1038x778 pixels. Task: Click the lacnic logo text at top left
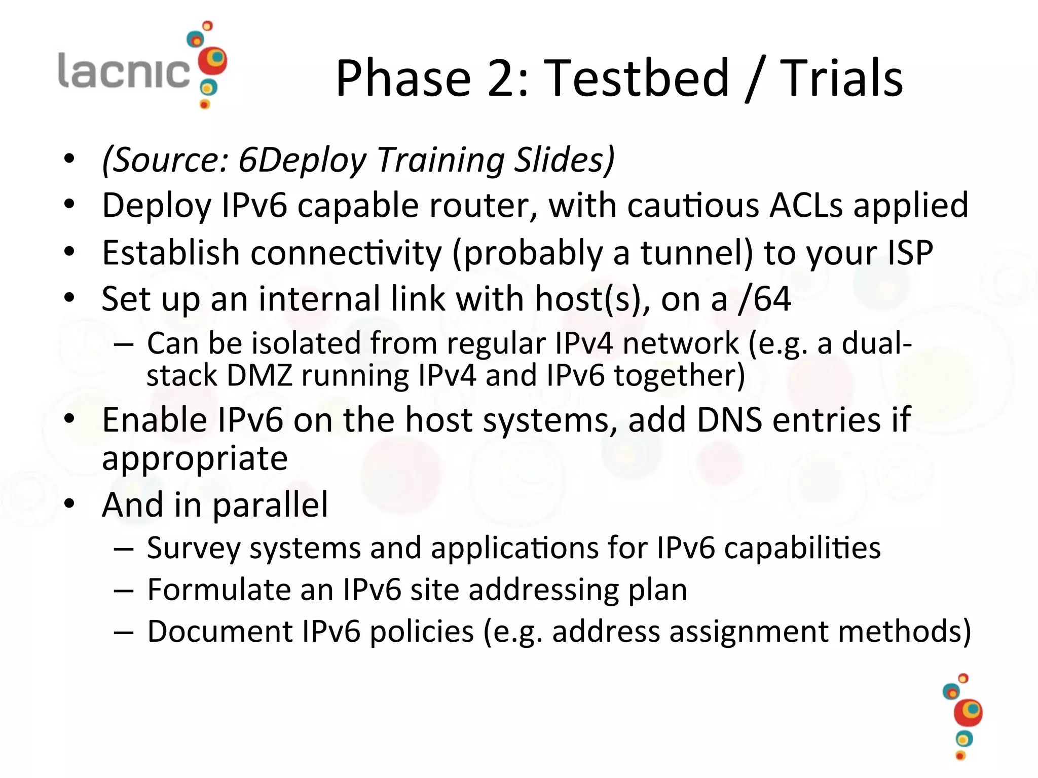(x=124, y=71)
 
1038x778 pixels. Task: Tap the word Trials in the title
(x=841, y=78)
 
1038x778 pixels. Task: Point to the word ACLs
(x=806, y=206)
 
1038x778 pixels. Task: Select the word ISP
(x=910, y=252)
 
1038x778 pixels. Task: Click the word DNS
(x=729, y=420)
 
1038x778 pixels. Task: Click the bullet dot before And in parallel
(x=69, y=504)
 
